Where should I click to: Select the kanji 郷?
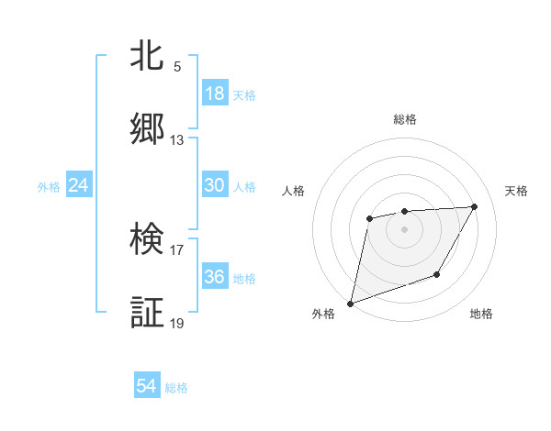coord(148,130)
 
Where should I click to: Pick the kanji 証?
coord(148,312)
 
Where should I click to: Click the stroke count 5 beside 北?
coord(177,67)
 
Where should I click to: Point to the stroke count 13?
coord(177,140)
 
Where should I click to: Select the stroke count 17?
coord(177,249)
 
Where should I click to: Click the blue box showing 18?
coord(215,94)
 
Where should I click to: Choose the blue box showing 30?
coord(215,185)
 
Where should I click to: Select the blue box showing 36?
coord(215,277)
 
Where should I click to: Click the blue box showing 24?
coord(79,185)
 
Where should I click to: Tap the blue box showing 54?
coord(147,387)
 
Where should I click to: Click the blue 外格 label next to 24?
coord(49,186)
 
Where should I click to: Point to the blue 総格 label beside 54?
coord(177,388)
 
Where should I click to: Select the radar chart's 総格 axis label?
coord(404,119)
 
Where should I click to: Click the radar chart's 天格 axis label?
coord(517,191)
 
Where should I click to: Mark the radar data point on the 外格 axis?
coord(350,303)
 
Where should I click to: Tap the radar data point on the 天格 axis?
coord(474,206)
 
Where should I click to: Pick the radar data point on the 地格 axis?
coord(437,274)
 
